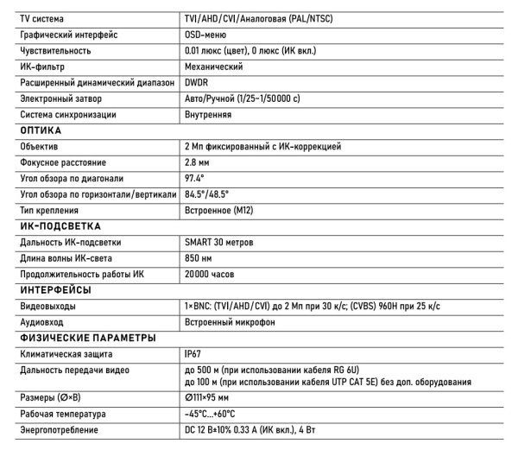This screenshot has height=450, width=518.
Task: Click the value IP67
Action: [195, 354]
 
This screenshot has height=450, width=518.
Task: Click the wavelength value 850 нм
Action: [201, 258]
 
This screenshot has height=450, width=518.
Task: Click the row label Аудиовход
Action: [41, 322]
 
